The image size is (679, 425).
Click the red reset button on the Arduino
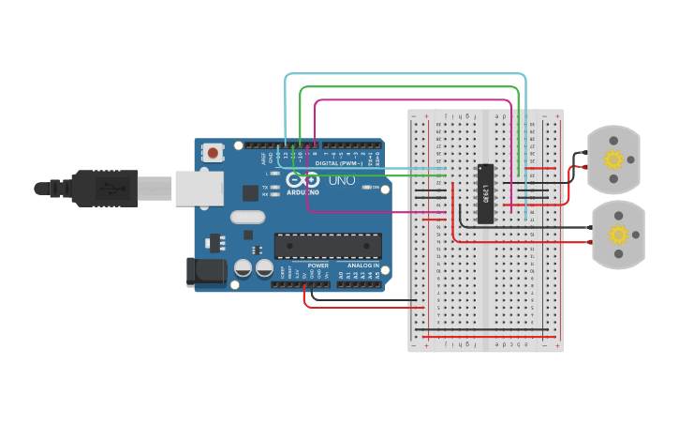point(214,152)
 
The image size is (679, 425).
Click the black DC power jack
point(203,271)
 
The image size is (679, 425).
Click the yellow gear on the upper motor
point(613,159)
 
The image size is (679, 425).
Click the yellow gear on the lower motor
point(618,234)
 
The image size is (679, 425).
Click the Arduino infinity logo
point(303,180)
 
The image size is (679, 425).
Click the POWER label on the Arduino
point(318,266)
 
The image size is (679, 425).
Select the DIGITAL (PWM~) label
point(339,163)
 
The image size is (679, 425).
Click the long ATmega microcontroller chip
point(328,246)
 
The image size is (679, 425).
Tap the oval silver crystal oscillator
point(248,218)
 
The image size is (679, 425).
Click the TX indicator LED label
point(265,188)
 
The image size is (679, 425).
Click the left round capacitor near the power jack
point(242,268)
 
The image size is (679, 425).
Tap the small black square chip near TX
point(250,193)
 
